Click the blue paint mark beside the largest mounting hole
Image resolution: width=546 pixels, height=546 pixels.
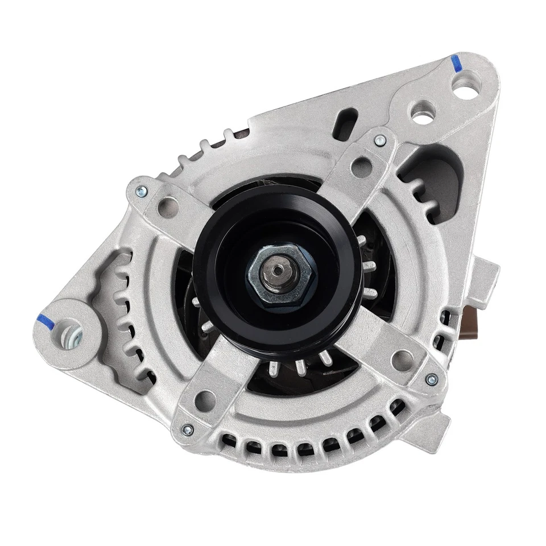456,63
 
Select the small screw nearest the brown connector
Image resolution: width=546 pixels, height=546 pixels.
432,378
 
